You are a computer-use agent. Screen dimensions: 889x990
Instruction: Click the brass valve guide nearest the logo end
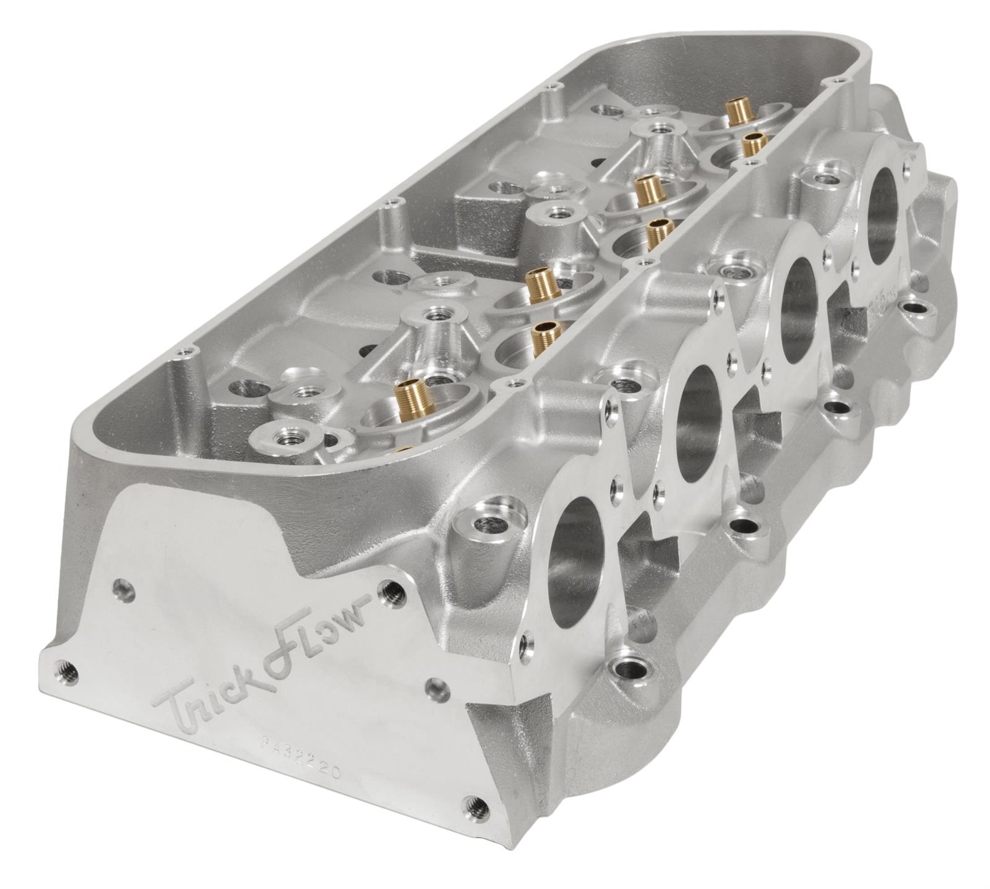[x=408, y=392]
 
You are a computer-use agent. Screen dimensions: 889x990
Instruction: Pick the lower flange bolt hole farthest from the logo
[x=915, y=307]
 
